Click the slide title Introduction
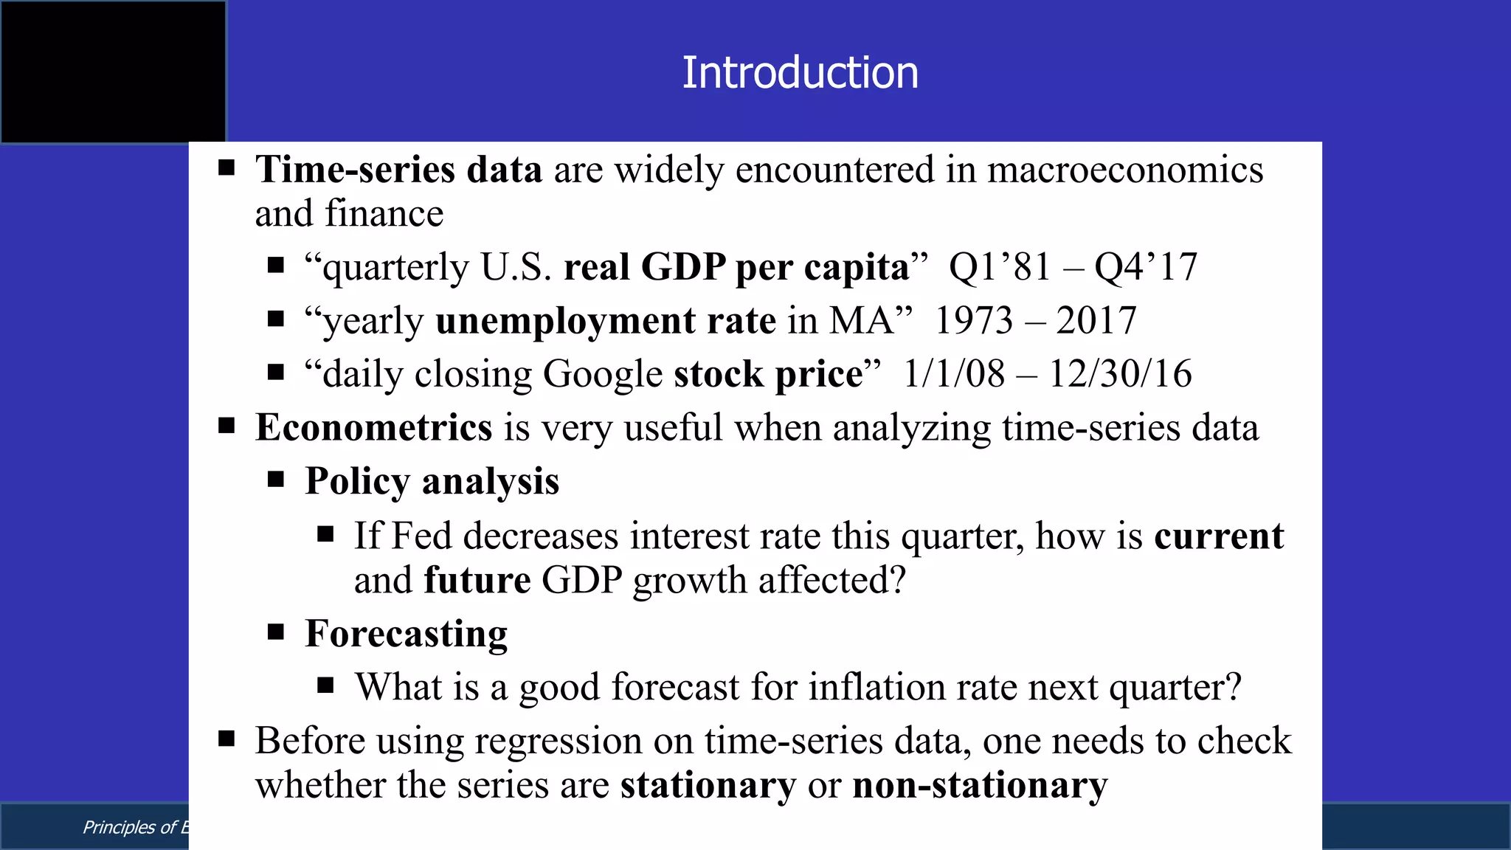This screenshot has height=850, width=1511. (x=800, y=73)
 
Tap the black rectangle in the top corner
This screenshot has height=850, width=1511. (x=113, y=72)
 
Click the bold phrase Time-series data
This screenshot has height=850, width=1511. (x=398, y=170)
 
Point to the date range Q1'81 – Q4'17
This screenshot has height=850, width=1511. (x=1073, y=267)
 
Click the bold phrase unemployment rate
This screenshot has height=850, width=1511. (x=605, y=321)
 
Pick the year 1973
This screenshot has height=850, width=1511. (x=974, y=321)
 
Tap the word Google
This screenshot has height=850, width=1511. (x=603, y=374)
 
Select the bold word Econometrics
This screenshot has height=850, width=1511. (x=373, y=428)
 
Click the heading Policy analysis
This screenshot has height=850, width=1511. (x=432, y=482)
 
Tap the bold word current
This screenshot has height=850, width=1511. (x=1219, y=536)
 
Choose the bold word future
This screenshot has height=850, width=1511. (x=477, y=580)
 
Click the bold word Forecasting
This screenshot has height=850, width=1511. (x=407, y=634)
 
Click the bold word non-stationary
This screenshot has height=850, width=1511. (x=980, y=785)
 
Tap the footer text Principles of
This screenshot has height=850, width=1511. (x=129, y=827)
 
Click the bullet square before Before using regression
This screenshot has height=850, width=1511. (x=227, y=738)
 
